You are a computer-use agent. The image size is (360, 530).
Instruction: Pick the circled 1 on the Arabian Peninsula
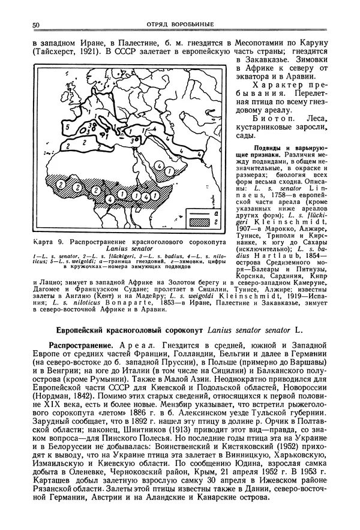point(170,171)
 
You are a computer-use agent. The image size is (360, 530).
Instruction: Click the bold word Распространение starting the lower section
point(82,347)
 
